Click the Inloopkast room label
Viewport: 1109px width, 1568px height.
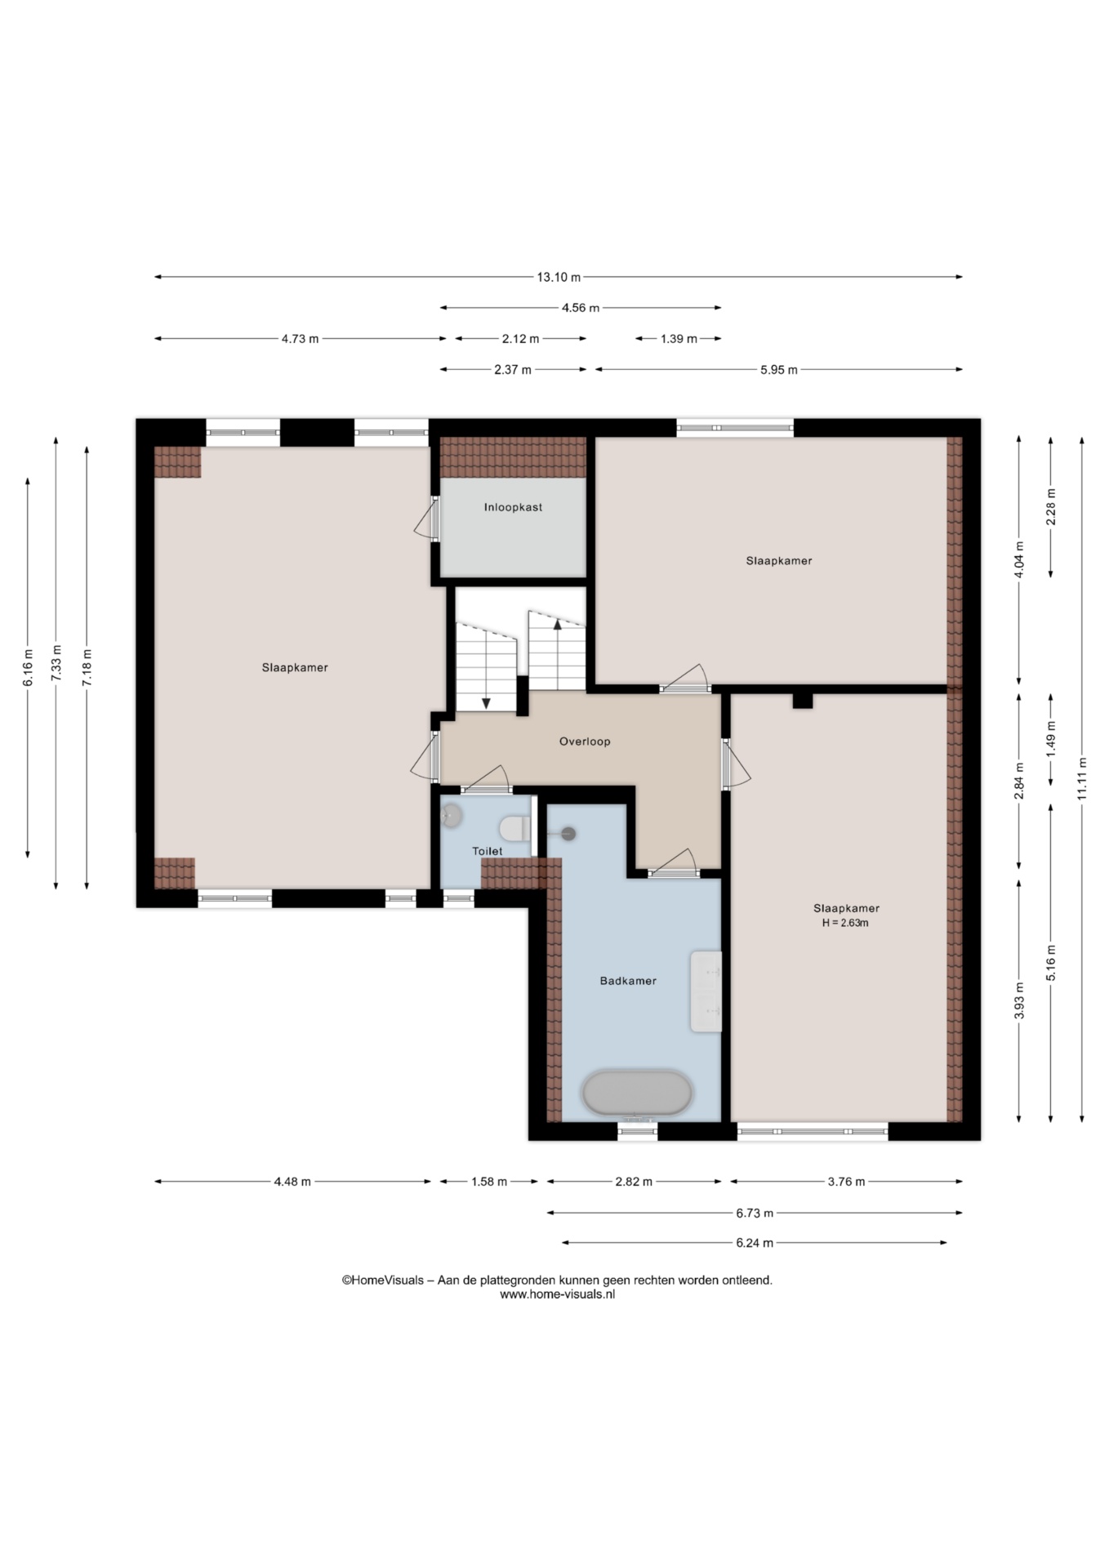513,507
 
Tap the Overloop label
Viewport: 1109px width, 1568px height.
585,742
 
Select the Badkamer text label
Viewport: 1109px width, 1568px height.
628,981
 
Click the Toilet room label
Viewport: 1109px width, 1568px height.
488,851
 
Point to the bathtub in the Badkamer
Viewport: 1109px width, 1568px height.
637,1093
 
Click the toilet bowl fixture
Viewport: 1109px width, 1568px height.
514,829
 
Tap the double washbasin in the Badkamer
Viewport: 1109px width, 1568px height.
706,991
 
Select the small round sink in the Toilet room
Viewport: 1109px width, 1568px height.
452,814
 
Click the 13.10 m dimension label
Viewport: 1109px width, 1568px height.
559,277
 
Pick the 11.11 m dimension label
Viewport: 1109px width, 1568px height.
1082,779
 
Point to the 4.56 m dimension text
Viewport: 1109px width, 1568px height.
581,308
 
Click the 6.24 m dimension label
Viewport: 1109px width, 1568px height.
755,1243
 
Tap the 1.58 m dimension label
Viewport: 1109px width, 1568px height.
489,1182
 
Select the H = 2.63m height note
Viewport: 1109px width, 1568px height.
845,924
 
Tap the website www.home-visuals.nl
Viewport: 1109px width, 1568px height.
557,1294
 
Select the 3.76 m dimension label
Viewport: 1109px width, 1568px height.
846,1182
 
